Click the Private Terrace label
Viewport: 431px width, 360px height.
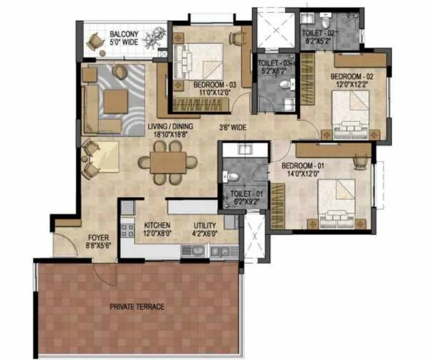[x=137, y=307]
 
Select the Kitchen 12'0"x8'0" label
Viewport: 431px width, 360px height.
[x=157, y=229]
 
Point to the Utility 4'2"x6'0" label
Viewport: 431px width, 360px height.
[x=204, y=229]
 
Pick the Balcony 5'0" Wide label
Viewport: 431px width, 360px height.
[x=124, y=38]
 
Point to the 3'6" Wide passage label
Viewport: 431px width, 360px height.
[x=232, y=128]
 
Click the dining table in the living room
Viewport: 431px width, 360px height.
[x=168, y=163]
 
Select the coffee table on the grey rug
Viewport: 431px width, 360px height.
[x=116, y=101]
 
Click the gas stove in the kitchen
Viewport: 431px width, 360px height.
[x=128, y=230]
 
